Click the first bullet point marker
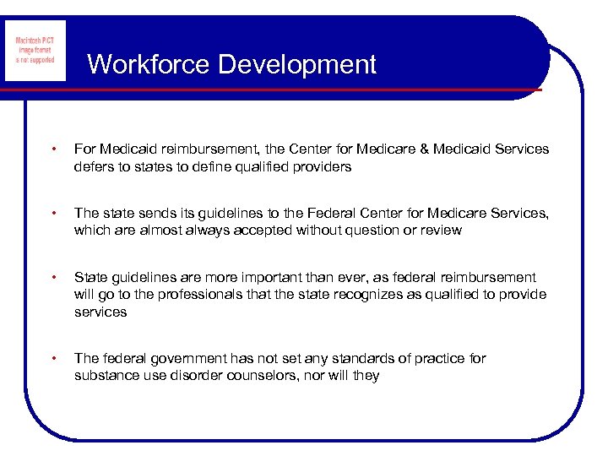coord(54,149)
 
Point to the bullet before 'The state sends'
coord(54,214)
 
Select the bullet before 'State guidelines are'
coord(54,278)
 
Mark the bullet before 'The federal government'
coord(54,359)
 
